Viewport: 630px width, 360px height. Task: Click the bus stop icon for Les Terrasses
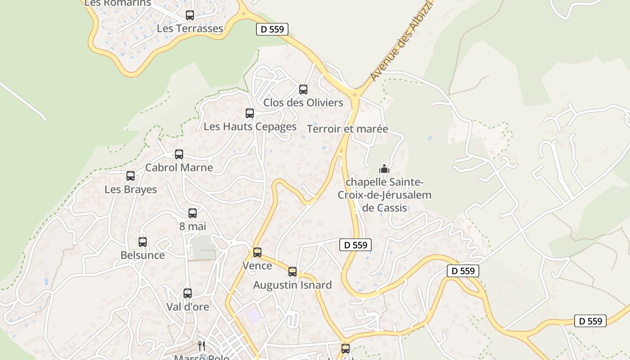click(190, 15)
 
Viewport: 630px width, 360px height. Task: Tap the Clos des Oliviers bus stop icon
click(303, 90)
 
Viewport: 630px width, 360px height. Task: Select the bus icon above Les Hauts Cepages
click(250, 113)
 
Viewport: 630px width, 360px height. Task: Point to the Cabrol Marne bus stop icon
click(179, 154)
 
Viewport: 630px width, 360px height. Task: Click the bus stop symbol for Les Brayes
click(130, 176)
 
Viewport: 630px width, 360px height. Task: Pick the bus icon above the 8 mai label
click(193, 213)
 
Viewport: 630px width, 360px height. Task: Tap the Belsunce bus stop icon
click(143, 242)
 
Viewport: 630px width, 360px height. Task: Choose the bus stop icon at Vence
click(257, 252)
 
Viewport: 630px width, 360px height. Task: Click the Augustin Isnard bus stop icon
click(292, 272)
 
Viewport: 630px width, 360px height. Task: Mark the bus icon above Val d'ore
click(188, 293)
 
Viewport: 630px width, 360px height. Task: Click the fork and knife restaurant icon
click(202, 346)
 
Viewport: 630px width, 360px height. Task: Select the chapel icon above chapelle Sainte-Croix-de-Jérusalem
click(384, 169)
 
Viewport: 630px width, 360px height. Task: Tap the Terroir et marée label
click(347, 129)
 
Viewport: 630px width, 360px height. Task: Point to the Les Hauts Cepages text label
click(250, 126)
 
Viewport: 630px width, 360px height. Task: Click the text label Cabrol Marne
click(179, 168)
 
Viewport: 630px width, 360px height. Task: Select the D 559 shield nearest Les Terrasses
click(272, 29)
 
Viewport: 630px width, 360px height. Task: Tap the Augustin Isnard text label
click(292, 285)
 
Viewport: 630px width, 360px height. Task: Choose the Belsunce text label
click(143, 255)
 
